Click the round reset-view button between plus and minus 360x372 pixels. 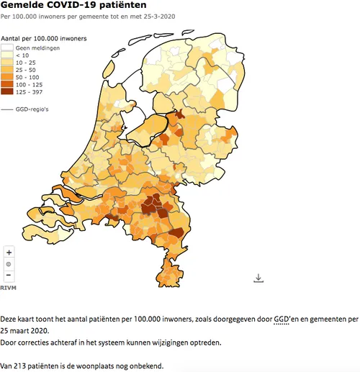(9, 264)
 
